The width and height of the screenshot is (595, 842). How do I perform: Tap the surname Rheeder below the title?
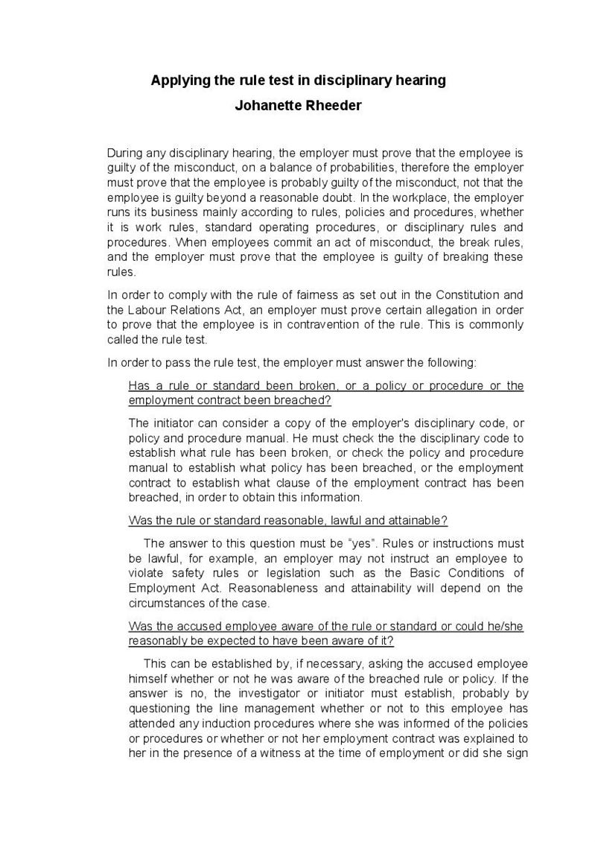[331, 105]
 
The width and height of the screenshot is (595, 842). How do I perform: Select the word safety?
[191, 572]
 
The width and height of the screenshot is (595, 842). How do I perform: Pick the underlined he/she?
[503, 625]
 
